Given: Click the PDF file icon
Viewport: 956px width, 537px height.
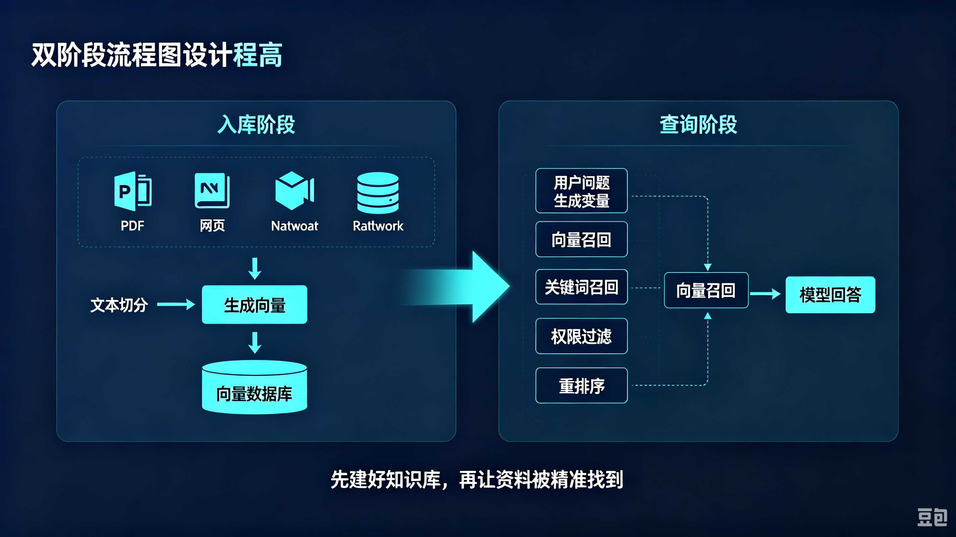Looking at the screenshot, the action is tap(133, 191).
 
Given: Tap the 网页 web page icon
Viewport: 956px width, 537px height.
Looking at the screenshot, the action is tap(212, 191).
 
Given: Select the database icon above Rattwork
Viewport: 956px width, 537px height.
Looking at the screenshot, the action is tap(378, 193).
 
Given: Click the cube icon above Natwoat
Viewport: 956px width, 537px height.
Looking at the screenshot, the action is tap(295, 191).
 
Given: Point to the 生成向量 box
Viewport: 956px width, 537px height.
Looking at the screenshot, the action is tap(254, 305).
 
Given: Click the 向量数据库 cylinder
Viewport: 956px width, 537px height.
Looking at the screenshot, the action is tap(254, 387).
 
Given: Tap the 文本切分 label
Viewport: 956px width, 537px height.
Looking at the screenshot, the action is tap(119, 305).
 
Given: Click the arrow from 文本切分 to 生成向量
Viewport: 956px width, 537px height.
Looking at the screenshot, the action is tap(176, 304).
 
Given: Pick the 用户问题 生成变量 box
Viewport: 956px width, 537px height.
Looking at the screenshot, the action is tap(581, 191).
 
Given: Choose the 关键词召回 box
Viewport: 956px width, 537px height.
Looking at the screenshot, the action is tap(581, 287).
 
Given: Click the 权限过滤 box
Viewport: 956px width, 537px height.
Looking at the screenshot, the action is tap(581, 336).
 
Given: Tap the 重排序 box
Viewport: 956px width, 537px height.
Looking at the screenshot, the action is tap(581, 386).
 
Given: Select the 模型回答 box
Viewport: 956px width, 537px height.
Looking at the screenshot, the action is tap(830, 295).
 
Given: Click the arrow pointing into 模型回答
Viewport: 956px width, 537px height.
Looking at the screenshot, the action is tap(765, 294).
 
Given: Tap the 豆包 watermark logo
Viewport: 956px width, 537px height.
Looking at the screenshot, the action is tap(932, 517).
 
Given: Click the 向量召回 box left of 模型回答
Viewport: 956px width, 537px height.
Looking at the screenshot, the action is tap(706, 290).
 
